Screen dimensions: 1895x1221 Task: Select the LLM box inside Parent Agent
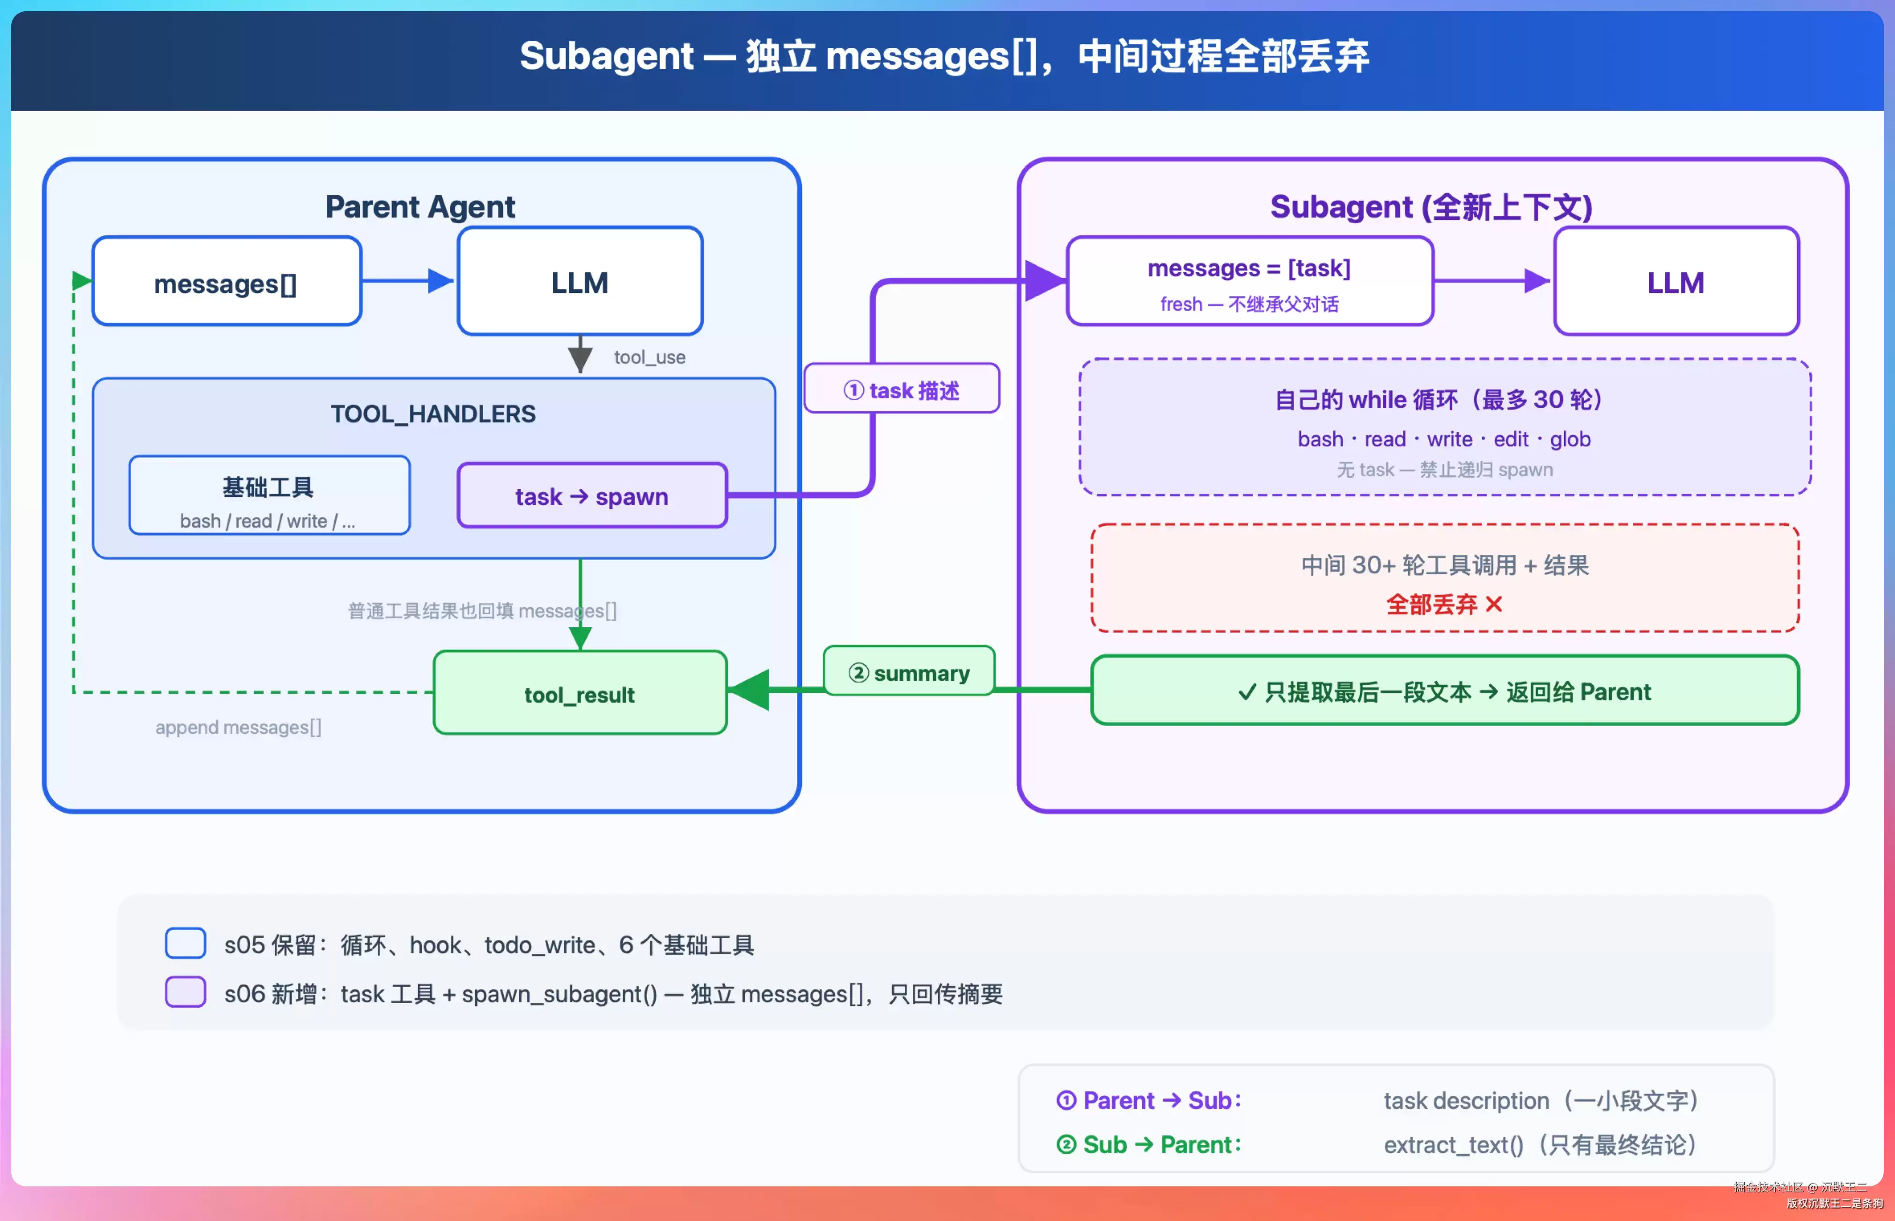580,282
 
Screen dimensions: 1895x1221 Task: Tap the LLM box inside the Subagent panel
1676,282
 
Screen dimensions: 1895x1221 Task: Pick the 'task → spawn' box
592,495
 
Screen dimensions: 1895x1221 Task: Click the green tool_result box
580,693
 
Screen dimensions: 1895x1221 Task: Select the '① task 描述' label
902,388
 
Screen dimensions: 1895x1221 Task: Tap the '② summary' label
909,672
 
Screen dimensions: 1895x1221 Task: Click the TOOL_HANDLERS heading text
433,414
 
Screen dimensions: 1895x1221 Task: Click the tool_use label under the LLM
650,357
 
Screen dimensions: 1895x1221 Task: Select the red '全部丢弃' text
1431,605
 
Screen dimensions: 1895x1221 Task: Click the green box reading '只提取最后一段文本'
1445,690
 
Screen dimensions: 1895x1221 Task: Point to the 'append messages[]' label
238,727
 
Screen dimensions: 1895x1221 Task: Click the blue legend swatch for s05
185,943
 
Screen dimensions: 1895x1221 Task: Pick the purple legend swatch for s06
185,992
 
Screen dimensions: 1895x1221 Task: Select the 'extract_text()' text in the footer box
1453,1145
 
